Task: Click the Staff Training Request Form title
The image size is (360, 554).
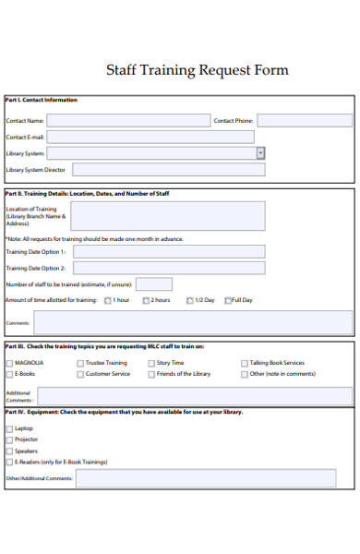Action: (198, 70)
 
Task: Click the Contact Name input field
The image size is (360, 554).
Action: (126, 120)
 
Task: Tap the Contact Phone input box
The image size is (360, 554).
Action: (304, 120)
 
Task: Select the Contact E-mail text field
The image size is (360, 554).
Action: (150, 137)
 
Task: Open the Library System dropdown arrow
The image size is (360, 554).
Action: (260, 153)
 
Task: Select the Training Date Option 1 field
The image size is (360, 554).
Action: (169, 251)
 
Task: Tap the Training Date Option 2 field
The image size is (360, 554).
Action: (169, 268)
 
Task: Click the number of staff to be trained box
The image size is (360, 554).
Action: (153, 284)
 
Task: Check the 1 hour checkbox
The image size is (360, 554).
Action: (108, 300)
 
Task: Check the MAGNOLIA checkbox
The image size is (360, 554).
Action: (9, 363)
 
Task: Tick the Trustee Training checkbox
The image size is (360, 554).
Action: (79, 363)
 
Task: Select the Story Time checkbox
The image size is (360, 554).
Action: (150, 363)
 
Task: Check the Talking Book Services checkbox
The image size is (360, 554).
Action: (245, 363)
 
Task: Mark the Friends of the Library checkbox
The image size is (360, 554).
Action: (150, 374)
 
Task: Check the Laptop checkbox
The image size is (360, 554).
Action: (9, 428)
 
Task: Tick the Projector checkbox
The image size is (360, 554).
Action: (9, 440)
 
